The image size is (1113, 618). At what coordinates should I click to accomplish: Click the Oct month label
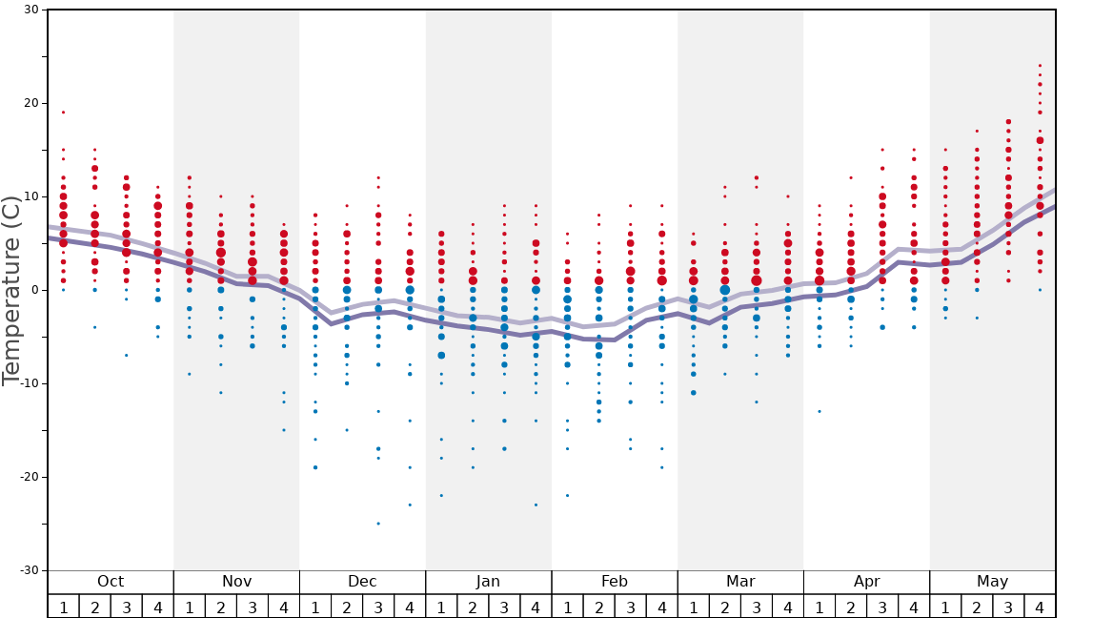[x=111, y=582]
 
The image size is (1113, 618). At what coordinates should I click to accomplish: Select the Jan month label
[x=488, y=582]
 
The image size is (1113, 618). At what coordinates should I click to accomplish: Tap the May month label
[x=992, y=582]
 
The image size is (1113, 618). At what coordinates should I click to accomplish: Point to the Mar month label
[x=740, y=582]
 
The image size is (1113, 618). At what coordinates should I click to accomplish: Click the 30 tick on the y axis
[x=30, y=10]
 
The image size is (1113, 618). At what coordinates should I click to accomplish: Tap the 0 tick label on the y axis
[x=35, y=290]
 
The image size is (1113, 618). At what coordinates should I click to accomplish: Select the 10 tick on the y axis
[x=30, y=196]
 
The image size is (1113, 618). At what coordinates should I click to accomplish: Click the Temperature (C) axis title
[x=11, y=290]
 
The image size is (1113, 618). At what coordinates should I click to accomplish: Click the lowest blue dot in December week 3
[x=378, y=524]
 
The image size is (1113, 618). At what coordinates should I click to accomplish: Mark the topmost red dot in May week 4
[x=1040, y=66]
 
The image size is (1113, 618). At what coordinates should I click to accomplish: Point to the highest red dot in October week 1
[x=64, y=113]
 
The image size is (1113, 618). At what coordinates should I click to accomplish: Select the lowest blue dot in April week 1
[x=820, y=411]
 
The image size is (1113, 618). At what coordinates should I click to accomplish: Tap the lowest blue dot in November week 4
[x=284, y=430]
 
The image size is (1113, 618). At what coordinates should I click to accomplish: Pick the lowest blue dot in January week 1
[x=441, y=495]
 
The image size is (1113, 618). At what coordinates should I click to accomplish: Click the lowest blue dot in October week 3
[x=127, y=355]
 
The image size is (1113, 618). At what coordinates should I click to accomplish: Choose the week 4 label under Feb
[x=661, y=607]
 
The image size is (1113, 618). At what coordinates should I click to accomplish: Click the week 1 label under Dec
[x=315, y=607]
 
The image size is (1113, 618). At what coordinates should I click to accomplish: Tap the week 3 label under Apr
[x=882, y=607]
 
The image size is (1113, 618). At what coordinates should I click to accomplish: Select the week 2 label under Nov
[x=221, y=607]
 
